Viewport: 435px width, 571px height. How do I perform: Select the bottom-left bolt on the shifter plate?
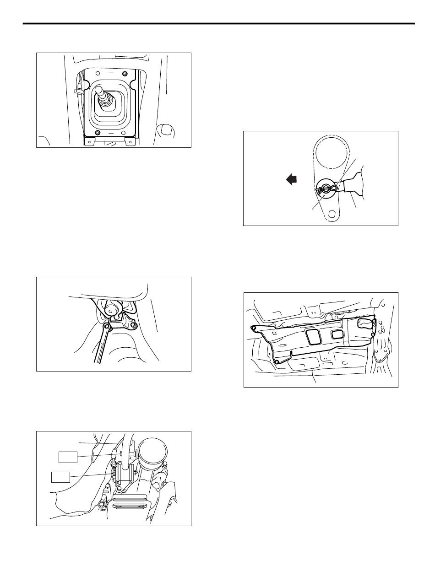tap(97, 133)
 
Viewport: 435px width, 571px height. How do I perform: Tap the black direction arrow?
tap(291, 180)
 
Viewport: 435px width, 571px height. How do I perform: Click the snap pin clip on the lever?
tap(328, 188)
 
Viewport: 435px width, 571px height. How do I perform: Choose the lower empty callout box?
tap(60, 477)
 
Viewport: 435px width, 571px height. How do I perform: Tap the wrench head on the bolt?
tap(107, 327)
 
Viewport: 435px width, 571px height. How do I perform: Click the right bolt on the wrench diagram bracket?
tap(134, 325)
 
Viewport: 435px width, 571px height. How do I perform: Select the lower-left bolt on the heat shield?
tap(277, 362)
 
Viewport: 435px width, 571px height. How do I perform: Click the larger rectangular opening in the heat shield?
tap(315, 338)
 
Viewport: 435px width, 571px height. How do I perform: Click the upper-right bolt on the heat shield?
tap(374, 322)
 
